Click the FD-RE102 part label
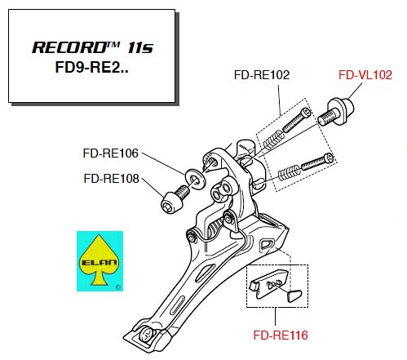(262, 75)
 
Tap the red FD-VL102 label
(365, 75)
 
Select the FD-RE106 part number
(111, 153)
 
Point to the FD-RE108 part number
(112, 179)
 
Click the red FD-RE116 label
(281, 335)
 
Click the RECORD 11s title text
(93, 47)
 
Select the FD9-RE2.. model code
(91, 67)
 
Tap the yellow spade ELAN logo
(100, 261)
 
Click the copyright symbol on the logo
(118, 287)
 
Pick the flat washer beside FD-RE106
(195, 179)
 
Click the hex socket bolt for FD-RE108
(175, 200)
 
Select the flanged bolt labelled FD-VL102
(336, 112)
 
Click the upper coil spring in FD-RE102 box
(273, 140)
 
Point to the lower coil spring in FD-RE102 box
(290, 173)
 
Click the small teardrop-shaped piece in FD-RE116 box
(294, 296)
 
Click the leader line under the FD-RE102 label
(279, 100)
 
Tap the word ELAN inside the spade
(99, 262)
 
